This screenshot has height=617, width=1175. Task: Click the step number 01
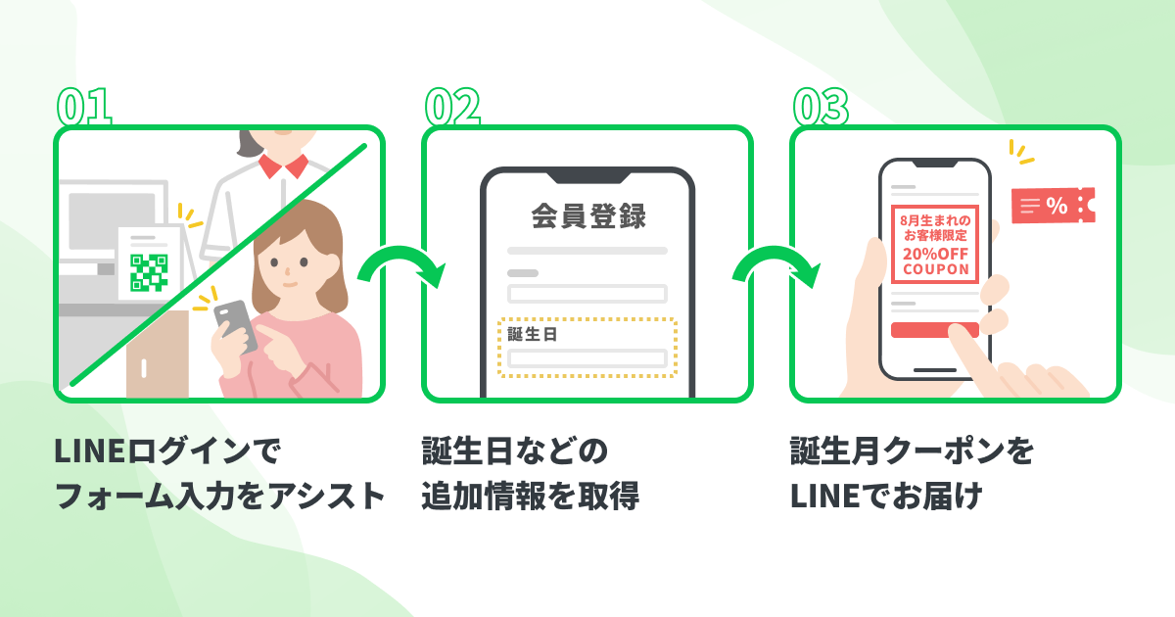[83, 108]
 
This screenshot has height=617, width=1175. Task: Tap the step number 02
[451, 108]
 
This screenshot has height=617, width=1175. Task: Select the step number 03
[820, 108]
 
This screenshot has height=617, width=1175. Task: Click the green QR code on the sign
[149, 272]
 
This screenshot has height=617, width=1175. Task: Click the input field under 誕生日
[587, 358]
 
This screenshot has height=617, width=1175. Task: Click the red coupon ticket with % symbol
[1052, 205]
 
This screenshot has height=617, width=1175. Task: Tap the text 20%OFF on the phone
[935, 252]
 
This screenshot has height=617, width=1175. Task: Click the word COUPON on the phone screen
[935, 268]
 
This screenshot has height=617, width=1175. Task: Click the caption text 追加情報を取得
[530, 497]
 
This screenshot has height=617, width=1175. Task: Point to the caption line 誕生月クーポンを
[912, 452]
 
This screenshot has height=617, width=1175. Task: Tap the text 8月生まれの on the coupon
[935, 220]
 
